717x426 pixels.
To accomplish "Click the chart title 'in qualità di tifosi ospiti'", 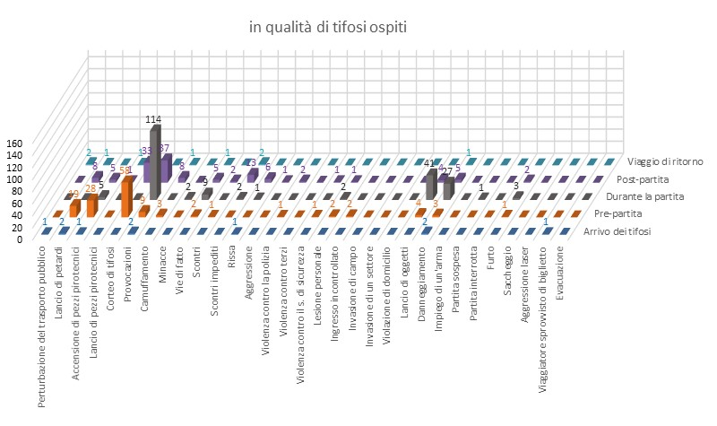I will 328,28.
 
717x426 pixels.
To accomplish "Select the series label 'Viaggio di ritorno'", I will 664,161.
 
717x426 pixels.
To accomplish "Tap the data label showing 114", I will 155,119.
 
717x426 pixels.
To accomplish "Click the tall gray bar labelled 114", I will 155,161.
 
